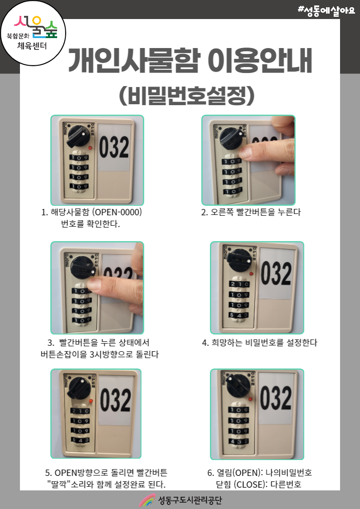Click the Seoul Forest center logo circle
click(33, 33)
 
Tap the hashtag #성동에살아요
click(326, 11)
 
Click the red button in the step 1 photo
click(90, 148)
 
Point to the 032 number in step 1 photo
click(114, 147)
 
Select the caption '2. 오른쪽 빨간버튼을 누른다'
click(251, 212)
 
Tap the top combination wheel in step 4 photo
click(239, 284)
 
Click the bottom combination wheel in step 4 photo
click(239, 315)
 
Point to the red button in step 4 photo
click(251, 274)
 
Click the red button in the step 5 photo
click(91, 401)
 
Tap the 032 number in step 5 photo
click(115, 400)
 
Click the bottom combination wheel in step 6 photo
click(238, 441)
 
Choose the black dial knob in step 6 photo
click(238, 385)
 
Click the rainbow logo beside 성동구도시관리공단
click(147, 500)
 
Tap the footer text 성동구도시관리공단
click(190, 500)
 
